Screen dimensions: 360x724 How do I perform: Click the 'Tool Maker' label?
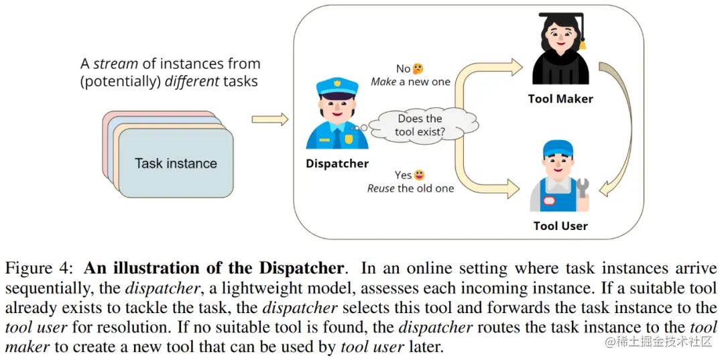pyautogui.click(x=560, y=99)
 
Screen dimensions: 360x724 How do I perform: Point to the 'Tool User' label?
pyautogui.click(x=560, y=225)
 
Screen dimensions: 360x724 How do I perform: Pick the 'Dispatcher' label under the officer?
pyautogui.click(x=337, y=164)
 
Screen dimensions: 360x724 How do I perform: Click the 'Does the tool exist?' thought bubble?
pyautogui.click(x=420, y=125)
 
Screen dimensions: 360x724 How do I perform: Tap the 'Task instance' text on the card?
pyautogui.click(x=176, y=164)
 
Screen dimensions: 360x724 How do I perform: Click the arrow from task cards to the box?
pyautogui.click(x=269, y=119)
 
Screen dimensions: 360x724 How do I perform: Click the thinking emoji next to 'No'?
pyautogui.click(x=418, y=68)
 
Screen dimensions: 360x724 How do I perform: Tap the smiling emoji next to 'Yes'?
pyautogui.click(x=420, y=175)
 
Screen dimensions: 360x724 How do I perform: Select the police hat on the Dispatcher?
pyautogui.click(x=337, y=88)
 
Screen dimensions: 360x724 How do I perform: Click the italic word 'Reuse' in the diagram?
pyautogui.click(x=381, y=188)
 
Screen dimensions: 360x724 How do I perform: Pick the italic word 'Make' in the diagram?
pyautogui.click(x=383, y=82)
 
